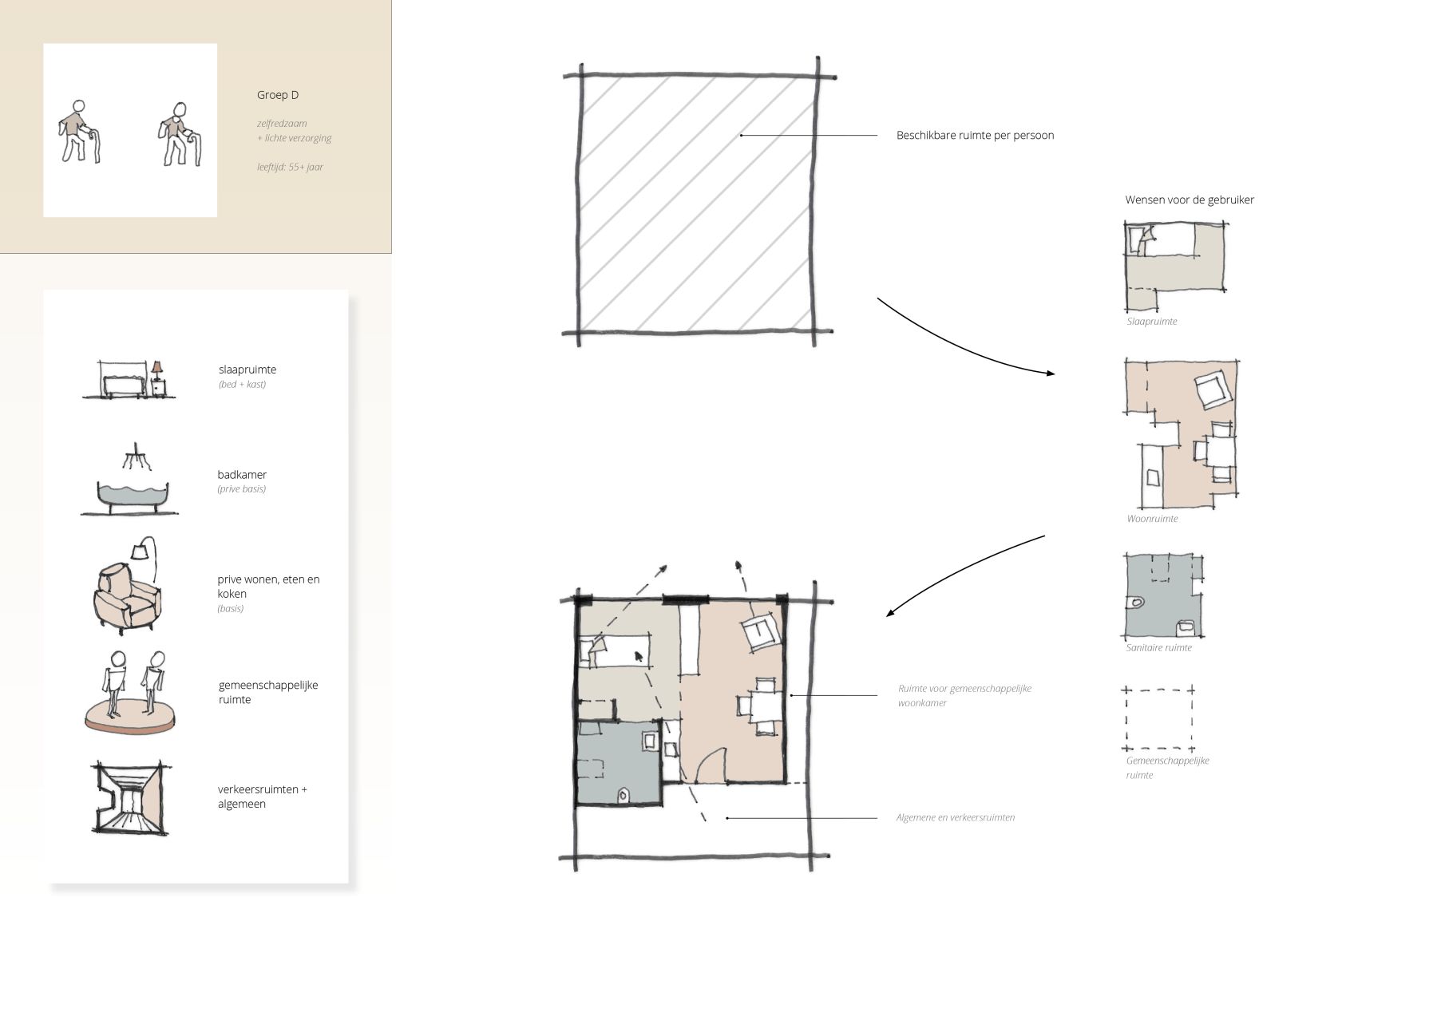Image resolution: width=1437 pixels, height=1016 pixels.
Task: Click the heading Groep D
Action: pos(278,95)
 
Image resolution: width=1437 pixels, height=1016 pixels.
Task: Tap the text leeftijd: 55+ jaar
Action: pos(290,167)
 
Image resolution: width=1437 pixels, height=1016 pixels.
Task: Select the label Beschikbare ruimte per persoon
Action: pos(975,136)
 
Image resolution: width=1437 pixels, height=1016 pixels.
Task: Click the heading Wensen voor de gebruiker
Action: pos(1190,200)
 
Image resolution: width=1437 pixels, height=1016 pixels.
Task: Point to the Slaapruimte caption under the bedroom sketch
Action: pos(1152,322)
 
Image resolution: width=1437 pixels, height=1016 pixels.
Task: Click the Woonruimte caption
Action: pos(1152,519)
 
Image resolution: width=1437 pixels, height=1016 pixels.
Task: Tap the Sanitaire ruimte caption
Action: pos(1158,648)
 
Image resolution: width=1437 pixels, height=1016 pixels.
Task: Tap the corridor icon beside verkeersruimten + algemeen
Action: pos(129,798)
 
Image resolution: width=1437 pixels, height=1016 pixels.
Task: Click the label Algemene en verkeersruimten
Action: pos(955,818)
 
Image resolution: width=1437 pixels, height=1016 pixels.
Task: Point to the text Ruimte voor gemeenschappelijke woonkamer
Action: pos(964,696)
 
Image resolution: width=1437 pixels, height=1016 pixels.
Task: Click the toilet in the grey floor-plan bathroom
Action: pos(625,796)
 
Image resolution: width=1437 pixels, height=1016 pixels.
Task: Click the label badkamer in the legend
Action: pos(242,475)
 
